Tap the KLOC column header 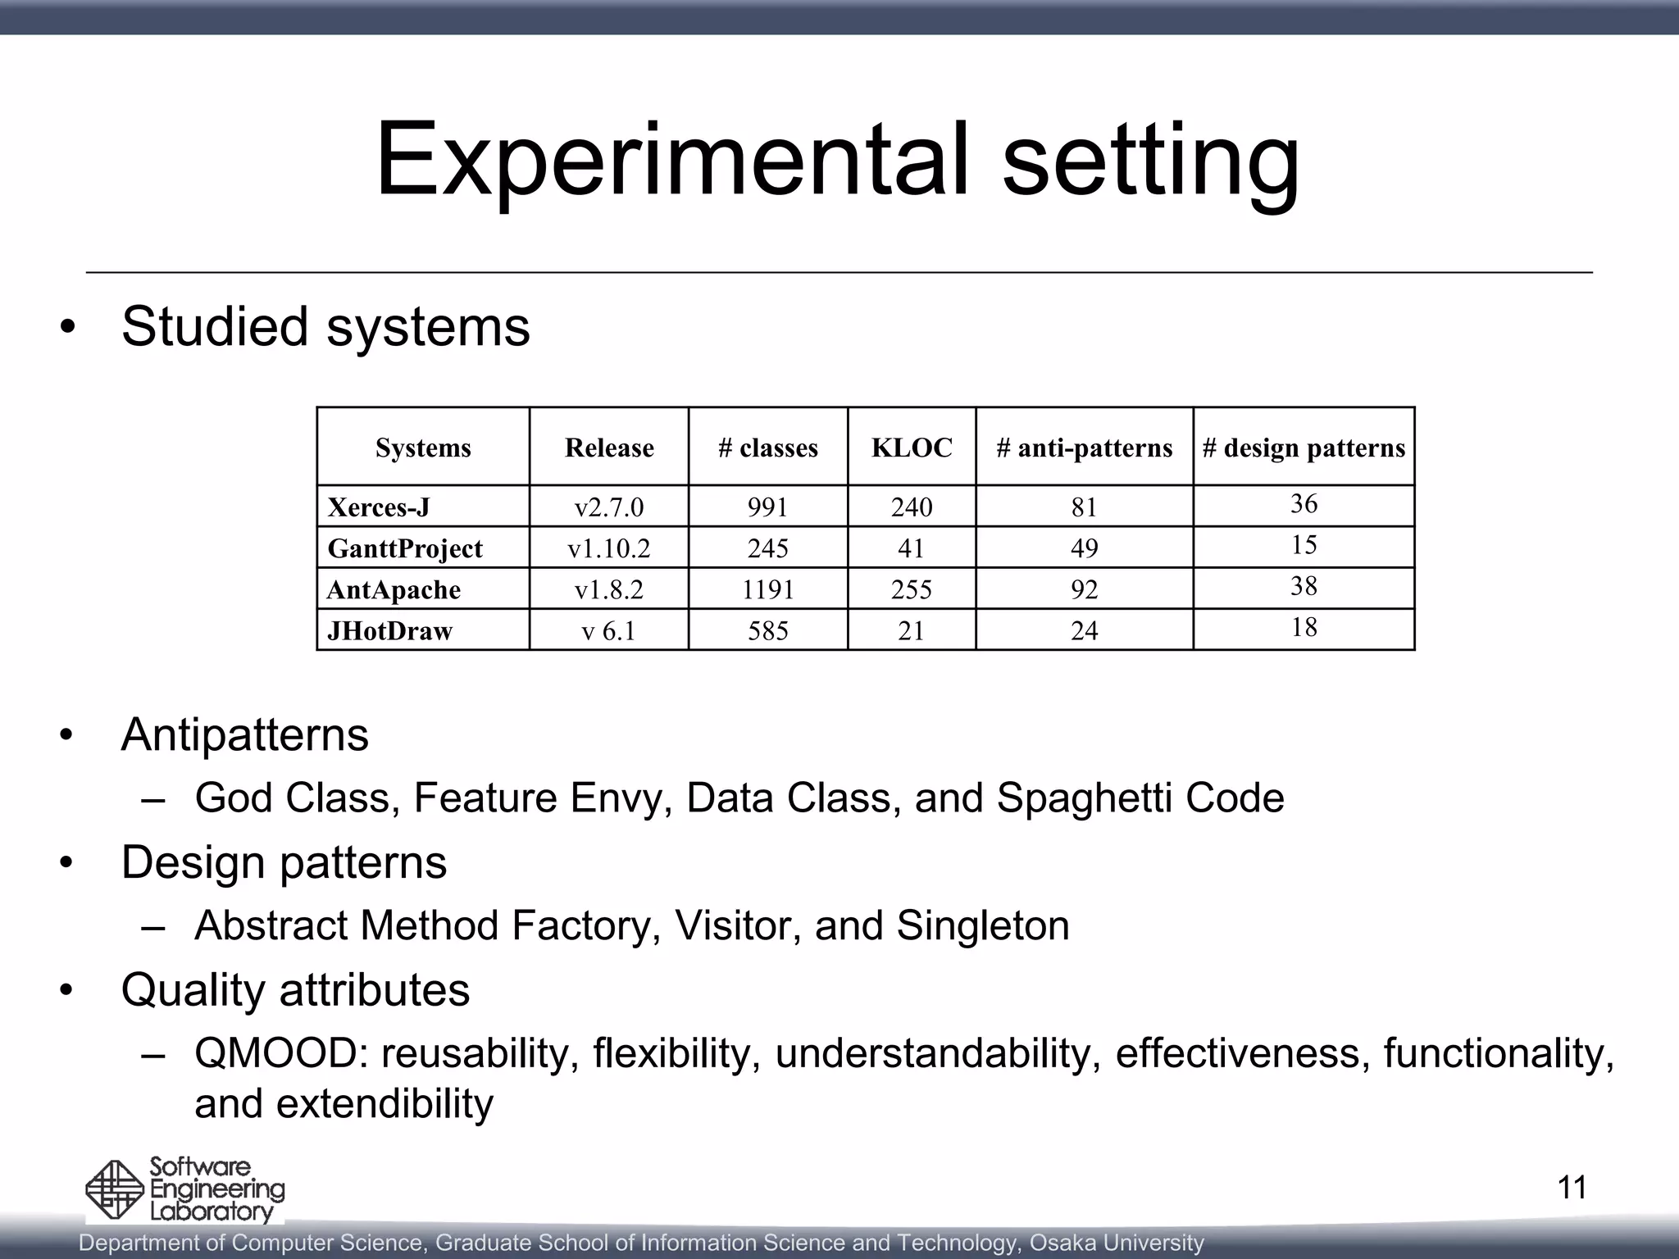pyautogui.click(x=912, y=448)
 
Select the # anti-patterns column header pyautogui.click(x=1084, y=448)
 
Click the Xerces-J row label pyautogui.click(x=379, y=507)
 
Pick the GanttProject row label pyautogui.click(x=405, y=548)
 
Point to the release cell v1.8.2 pyautogui.click(x=608, y=589)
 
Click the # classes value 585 pyautogui.click(x=767, y=630)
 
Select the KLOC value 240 pyautogui.click(x=912, y=507)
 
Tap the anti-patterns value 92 pyautogui.click(x=1084, y=589)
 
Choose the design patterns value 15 pyautogui.click(x=1304, y=545)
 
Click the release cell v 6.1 pyautogui.click(x=608, y=630)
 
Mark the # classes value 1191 pyautogui.click(x=767, y=589)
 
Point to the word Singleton pyautogui.click(x=982, y=926)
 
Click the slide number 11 pyautogui.click(x=1572, y=1187)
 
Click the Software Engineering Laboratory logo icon pyautogui.click(x=115, y=1190)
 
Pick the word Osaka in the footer pyautogui.click(x=1062, y=1243)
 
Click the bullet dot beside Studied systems pyautogui.click(x=67, y=327)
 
